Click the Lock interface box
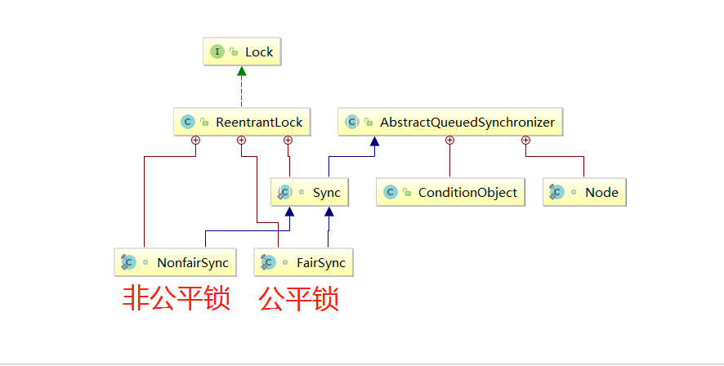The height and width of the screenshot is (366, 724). [x=242, y=52]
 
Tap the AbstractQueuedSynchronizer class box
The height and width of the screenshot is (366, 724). [x=450, y=123]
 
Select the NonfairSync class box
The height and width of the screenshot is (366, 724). [x=175, y=263]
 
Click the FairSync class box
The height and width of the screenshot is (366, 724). [x=304, y=263]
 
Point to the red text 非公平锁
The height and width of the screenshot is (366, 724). [x=177, y=298]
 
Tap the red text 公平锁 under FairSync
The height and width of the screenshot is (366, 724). [x=299, y=298]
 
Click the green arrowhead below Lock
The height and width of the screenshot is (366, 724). [x=242, y=72]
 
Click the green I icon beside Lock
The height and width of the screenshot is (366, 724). [x=217, y=52]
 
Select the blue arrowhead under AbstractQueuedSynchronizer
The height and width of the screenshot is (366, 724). [x=373, y=142]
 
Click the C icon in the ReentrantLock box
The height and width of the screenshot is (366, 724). [x=188, y=123]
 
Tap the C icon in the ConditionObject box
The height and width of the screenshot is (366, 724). [x=391, y=193]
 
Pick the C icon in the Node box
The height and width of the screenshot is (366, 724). [x=556, y=193]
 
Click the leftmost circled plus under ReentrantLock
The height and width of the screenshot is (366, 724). [x=195, y=141]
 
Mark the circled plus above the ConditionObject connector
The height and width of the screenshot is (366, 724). [x=449, y=141]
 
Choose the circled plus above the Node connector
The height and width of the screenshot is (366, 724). [x=525, y=141]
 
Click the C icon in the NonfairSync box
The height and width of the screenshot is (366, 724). [x=128, y=263]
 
